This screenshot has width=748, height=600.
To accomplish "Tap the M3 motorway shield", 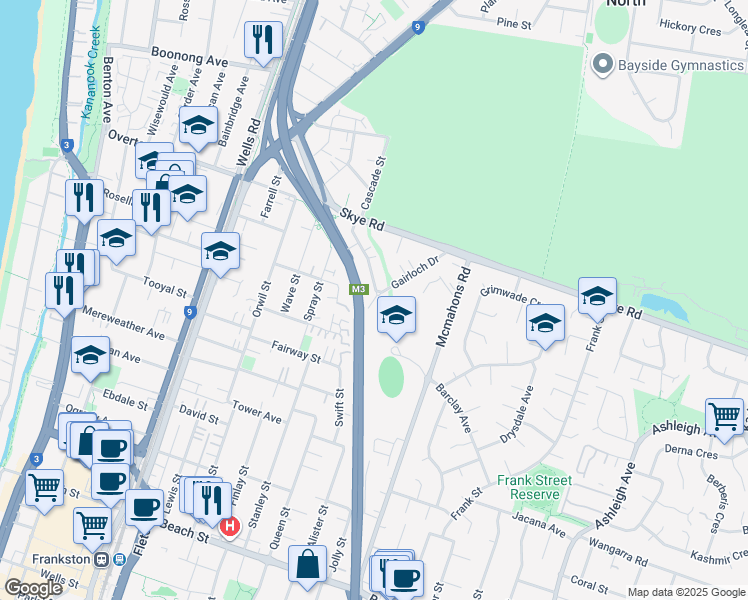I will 360,290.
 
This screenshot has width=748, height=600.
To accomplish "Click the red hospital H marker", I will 230,526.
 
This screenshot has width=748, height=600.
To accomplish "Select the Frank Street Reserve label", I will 541,487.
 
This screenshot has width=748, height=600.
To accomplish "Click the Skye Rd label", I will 362,220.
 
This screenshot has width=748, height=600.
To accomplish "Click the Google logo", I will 33,587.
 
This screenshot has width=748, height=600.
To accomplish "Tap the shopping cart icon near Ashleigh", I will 724,415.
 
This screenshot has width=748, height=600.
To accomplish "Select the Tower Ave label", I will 257,409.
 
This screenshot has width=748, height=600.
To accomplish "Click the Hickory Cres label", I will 689,31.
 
